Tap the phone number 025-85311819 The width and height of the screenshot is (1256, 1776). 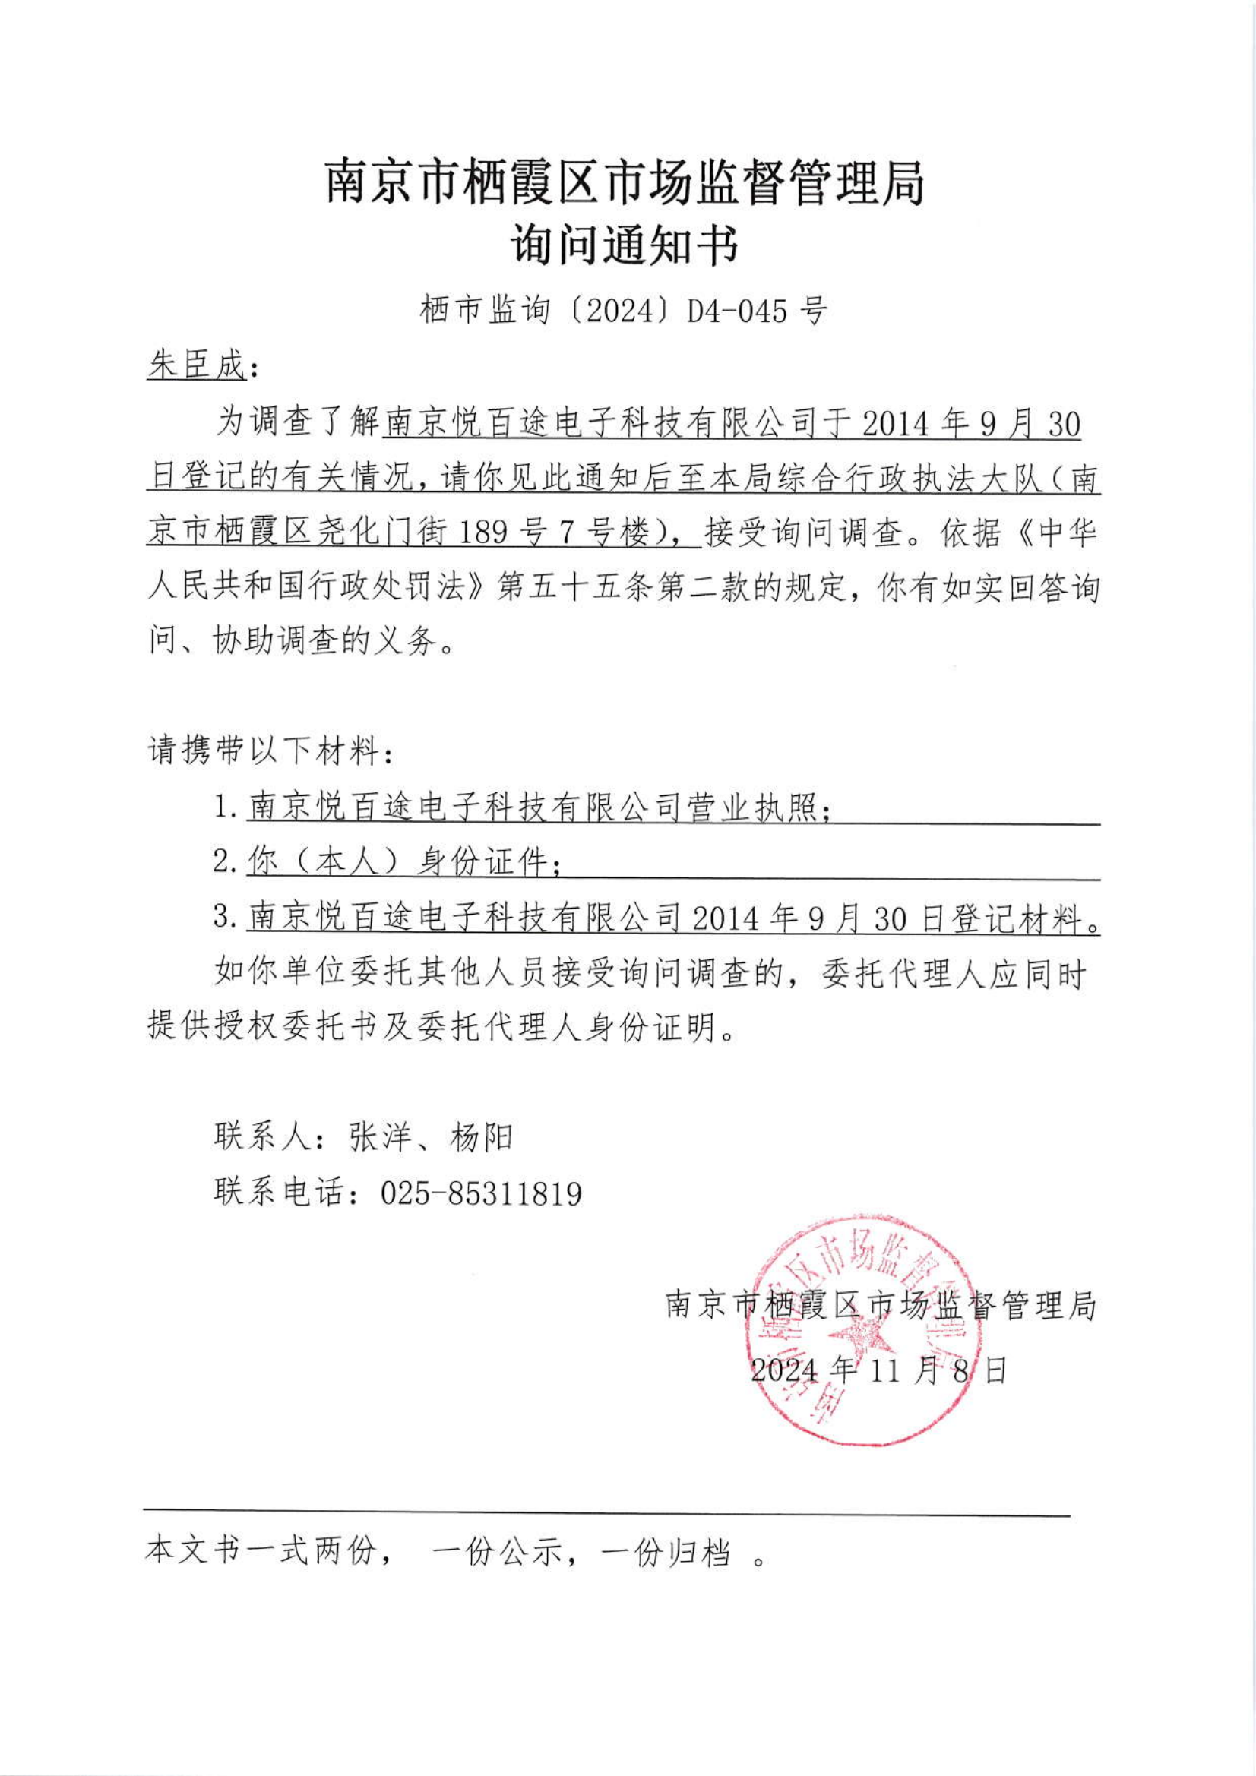pos(480,1193)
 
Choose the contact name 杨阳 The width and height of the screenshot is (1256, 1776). pos(480,1137)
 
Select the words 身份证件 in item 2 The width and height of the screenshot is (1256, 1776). pos(482,861)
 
